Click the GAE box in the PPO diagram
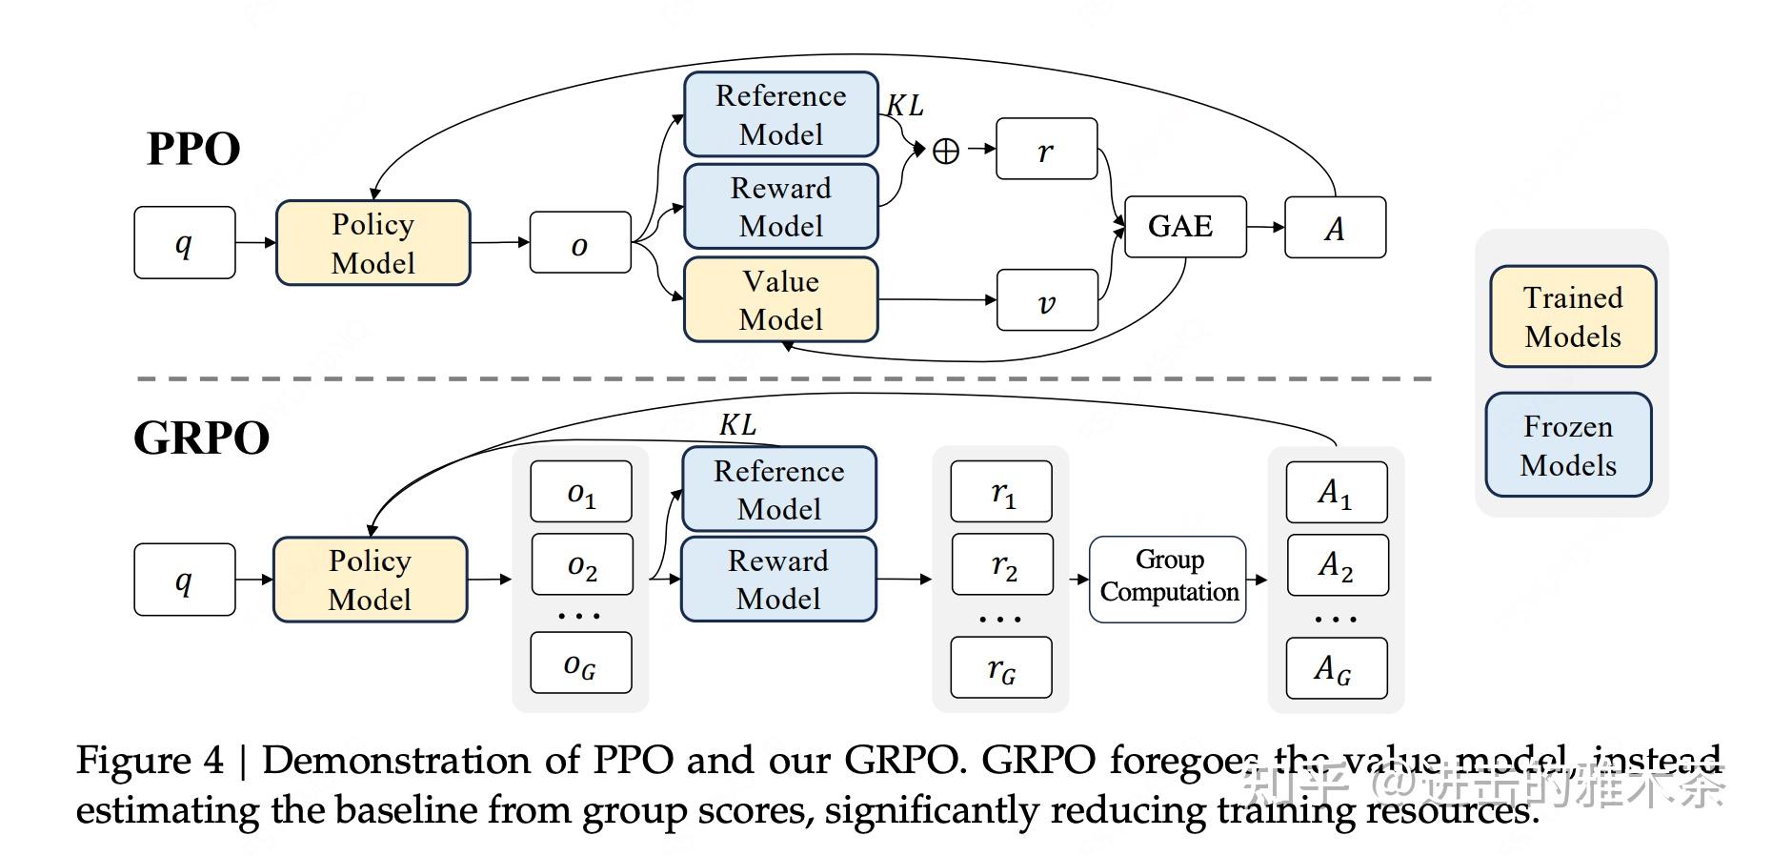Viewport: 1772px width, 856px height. coord(1184,227)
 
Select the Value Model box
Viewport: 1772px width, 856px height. coord(780,300)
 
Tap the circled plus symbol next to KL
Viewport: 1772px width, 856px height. coord(945,151)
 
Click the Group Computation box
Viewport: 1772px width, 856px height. coord(1168,578)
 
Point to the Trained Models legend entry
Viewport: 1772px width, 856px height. coord(1572,317)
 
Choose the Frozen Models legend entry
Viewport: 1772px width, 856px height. coord(1568,445)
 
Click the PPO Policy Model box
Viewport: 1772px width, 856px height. coord(373,243)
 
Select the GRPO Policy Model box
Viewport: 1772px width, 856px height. coord(370,580)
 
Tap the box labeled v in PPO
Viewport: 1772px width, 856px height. coord(1046,301)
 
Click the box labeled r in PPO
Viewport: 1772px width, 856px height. coord(1046,150)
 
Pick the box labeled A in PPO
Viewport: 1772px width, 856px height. coord(1335,228)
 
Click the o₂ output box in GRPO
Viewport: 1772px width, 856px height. coord(581,565)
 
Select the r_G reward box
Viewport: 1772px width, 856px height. coord(1001,668)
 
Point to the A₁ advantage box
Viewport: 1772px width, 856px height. coord(1336,492)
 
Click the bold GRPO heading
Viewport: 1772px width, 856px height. coord(201,438)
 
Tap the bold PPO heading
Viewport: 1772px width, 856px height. coord(193,149)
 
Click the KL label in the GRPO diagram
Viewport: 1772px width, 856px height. coord(737,424)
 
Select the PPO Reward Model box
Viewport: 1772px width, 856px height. coord(780,207)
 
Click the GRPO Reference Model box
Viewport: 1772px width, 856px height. coord(778,489)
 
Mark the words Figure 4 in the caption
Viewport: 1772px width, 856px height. coord(150,761)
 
